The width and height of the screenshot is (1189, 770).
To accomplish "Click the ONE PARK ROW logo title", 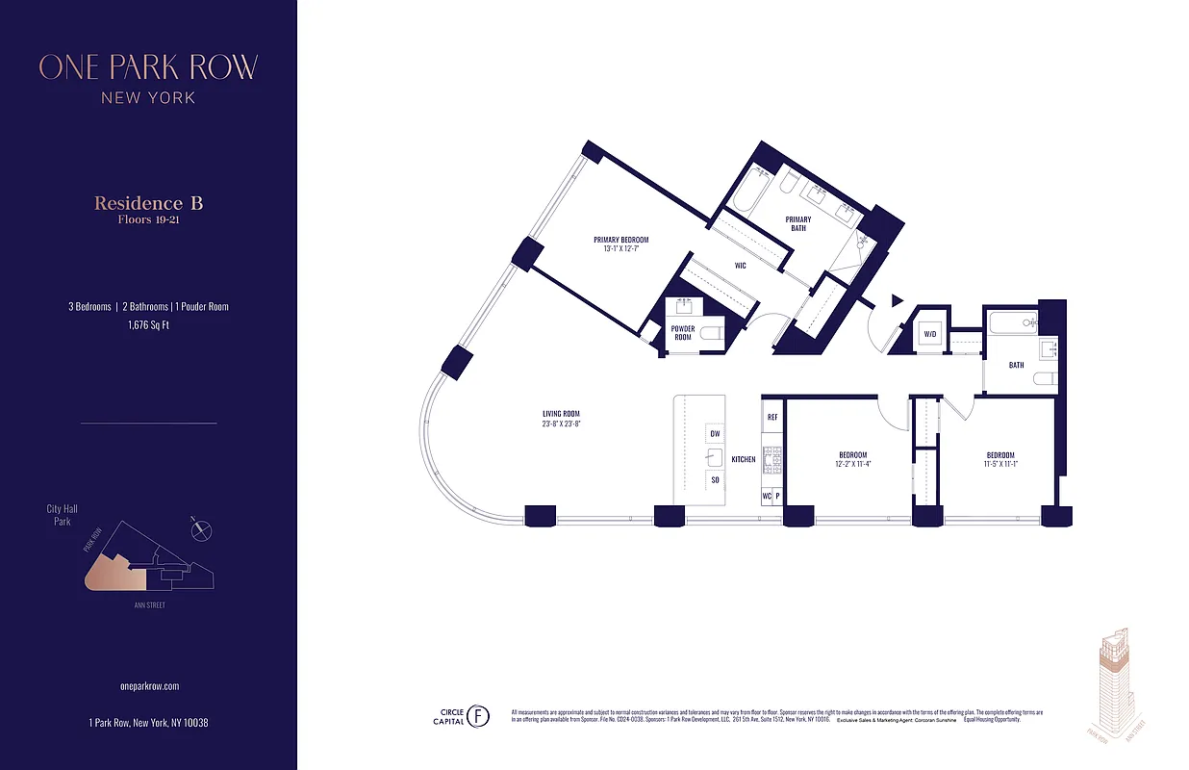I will tap(148, 67).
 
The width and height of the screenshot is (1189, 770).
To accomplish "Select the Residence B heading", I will tap(148, 203).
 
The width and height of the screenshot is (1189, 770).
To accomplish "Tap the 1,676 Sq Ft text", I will tap(148, 325).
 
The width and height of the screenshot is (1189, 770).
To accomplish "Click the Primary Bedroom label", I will tap(620, 244).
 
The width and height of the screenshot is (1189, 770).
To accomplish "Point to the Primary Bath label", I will tap(797, 224).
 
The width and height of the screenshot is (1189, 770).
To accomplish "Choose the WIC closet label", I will tap(741, 266).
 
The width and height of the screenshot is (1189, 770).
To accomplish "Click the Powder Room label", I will tap(683, 333).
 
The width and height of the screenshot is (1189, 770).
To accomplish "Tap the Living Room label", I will tap(561, 419).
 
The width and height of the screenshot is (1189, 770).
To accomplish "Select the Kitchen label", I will tap(743, 459).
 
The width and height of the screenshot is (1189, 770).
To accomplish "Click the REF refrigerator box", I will tap(772, 418).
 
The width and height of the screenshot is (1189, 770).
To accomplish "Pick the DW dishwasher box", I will tap(715, 433).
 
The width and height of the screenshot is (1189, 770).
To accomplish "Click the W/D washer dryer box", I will tap(929, 335).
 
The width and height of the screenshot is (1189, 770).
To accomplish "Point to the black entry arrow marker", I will tap(897, 301).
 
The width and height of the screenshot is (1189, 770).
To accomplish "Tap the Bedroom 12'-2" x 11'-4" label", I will tap(852, 459).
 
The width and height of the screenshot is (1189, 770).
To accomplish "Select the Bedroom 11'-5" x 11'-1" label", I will tap(999, 459).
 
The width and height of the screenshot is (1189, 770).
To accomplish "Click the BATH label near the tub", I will tap(1016, 365).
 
